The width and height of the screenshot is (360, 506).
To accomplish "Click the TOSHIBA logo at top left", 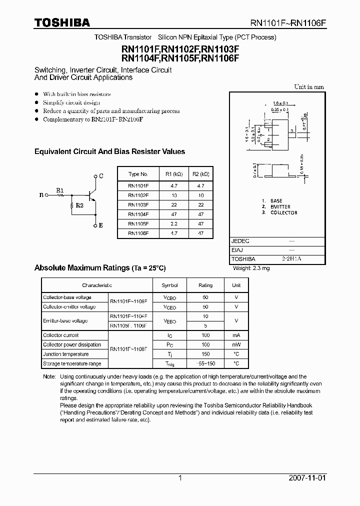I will tap(62, 23).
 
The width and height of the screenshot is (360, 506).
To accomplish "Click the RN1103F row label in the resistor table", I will tap(138, 204).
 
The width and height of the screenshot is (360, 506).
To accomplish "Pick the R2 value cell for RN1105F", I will tap(200, 223).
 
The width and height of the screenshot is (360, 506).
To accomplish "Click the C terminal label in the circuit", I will tap(101, 176).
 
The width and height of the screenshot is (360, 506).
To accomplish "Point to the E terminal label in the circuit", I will tap(101, 225).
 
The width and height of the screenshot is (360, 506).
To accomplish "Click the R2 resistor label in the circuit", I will tap(79, 205).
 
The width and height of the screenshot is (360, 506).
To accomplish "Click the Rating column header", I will tap(205, 285).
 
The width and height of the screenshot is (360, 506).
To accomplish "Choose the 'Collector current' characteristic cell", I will tap(61, 335).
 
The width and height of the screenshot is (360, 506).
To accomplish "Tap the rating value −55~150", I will tap(205, 363).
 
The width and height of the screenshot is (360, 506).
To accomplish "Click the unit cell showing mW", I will tap(236, 344).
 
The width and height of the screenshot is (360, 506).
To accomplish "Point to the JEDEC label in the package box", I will tap(240, 240).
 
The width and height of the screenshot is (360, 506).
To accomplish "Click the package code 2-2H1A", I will tap(291, 259).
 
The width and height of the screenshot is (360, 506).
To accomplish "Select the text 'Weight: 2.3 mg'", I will tap(251, 268).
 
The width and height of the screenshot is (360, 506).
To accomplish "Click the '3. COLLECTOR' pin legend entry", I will tap(279, 212).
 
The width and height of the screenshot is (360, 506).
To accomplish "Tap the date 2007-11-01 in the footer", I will tap(307, 478).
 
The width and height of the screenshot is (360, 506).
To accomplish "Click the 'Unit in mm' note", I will tap(308, 87).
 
